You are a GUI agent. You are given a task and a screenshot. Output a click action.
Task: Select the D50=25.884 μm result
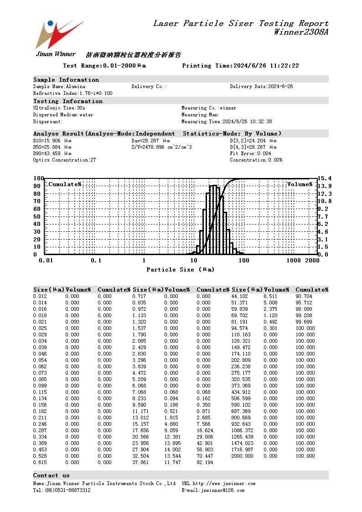[52, 147]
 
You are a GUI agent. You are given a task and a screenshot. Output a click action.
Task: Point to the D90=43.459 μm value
[52, 154]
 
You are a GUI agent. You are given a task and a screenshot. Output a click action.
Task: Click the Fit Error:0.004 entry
[250, 154]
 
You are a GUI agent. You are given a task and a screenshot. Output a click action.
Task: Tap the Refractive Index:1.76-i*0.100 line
[72, 93]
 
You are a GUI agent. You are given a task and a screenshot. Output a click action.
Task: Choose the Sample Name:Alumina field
[59, 86]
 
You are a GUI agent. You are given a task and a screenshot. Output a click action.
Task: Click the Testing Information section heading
[68, 101]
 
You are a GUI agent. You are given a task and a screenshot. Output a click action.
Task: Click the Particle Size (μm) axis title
[180, 270]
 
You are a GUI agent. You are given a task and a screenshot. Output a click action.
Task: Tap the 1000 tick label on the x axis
[294, 261]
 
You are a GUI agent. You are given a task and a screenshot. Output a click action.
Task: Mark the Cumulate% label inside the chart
[65, 184]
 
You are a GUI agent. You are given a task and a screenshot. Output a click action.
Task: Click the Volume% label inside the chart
[300, 184]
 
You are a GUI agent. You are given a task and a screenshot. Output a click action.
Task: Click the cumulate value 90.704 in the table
[305, 296]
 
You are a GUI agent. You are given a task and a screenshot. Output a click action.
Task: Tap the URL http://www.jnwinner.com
[218, 483]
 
